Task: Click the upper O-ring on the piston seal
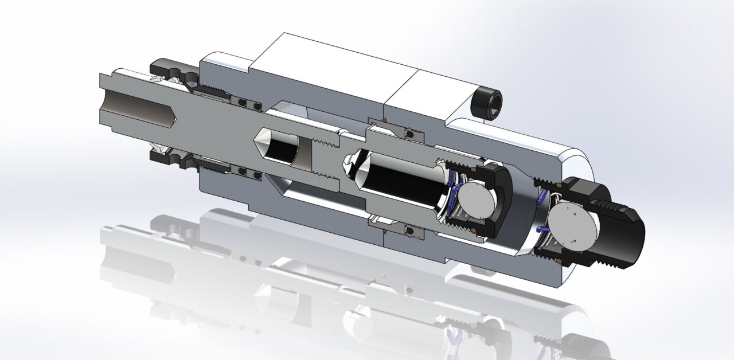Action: pos(408,134)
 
